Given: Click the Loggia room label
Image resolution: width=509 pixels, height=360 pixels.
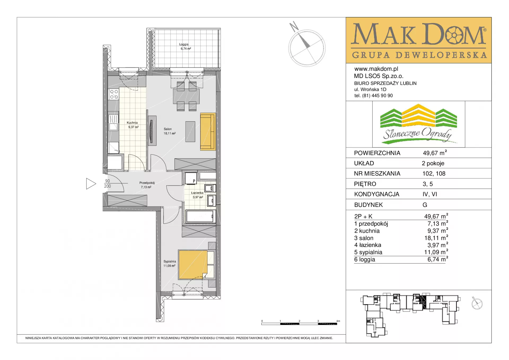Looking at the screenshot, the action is click(x=184, y=44).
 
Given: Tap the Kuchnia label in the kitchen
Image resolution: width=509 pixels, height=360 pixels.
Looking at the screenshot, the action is click(x=132, y=123).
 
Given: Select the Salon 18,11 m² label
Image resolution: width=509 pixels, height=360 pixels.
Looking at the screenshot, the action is click(x=169, y=131).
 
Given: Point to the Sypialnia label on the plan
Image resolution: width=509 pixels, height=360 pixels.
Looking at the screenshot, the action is click(x=170, y=261).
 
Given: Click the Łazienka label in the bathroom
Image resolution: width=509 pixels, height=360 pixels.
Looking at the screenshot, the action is click(x=197, y=193).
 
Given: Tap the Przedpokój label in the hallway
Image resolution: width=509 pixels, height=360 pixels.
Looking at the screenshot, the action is click(x=147, y=183).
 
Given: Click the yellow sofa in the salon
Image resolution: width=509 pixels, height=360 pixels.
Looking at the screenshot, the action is click(x=208, y=132).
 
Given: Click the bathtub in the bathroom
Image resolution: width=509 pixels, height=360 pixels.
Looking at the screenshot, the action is click(x=200, y=216).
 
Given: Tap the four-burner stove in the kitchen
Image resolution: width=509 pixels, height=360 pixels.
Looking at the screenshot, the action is click(x=114, y=94).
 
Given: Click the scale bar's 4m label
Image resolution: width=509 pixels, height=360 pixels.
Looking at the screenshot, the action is click(x=338, y=321).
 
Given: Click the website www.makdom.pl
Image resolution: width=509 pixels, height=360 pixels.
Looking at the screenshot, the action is click(x=376, y=69).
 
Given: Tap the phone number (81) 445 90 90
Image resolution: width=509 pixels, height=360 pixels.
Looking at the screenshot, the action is click(x=378, y=96).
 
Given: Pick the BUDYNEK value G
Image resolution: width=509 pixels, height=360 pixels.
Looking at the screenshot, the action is click(x=425, y=205).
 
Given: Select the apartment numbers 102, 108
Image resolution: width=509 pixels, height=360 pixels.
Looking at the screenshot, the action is click(x=434, y=174).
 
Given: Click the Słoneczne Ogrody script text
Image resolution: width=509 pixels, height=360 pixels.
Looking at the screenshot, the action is click(x=418, y=134).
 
